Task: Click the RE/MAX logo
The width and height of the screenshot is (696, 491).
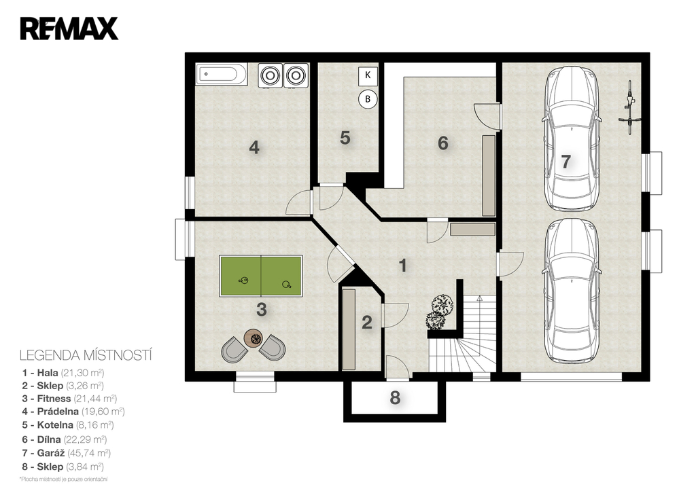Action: coord(69,29)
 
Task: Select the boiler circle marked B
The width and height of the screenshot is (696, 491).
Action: coord(368,99)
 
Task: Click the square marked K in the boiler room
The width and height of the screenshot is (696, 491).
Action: coord(368,75)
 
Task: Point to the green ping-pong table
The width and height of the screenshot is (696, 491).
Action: coord(261,276)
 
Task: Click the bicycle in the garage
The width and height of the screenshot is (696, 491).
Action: coord(628,108)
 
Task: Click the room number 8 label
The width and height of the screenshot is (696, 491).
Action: coord(395,398)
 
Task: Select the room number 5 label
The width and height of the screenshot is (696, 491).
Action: coord(345,138)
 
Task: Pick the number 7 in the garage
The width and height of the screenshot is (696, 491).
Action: coord(565,162)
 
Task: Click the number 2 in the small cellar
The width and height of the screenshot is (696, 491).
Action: coord(366,323)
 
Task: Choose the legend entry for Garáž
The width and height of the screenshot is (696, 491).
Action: coord(66,453)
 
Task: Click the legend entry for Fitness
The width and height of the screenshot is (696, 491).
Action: coord(70,398)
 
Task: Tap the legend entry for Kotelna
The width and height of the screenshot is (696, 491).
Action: coord(68,425)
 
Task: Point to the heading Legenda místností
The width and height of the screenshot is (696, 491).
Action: coord(86,356)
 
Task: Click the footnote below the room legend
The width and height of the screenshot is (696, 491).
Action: coord(63,479)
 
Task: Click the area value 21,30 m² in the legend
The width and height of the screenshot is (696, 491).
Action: coord(82,373)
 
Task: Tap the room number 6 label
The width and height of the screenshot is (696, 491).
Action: coord(442,143)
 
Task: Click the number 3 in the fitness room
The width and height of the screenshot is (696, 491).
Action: coord(262,309)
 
